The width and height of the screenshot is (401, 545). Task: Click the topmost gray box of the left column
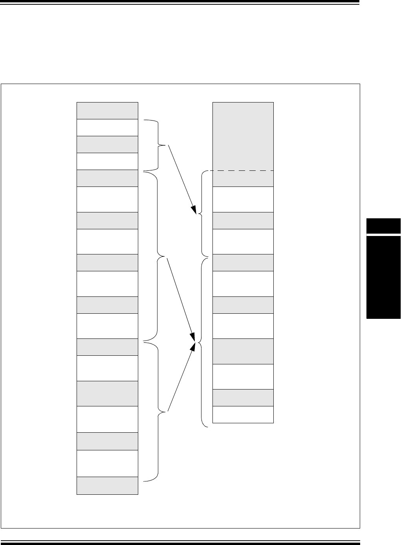coord(107,110)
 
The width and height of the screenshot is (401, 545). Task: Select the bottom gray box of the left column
coord(107,485)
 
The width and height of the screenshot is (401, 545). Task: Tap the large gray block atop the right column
coord(243,136)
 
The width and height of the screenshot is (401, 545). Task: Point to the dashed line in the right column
coord(243,171)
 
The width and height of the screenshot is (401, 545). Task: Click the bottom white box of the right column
coord(243,414)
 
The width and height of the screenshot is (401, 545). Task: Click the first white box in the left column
coord(107,127)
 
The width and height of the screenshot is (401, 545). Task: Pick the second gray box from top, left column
coord(107,144)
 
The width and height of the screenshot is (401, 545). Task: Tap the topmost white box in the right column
coord(243,199)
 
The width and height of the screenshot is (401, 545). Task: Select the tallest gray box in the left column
coord(107,393)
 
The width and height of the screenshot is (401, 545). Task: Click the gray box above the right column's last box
coord(243,397)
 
